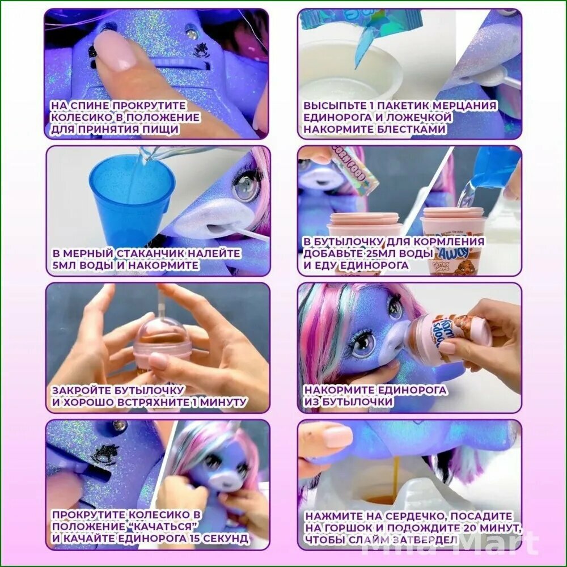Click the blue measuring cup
click(132, 202)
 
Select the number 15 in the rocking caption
click(194, 538)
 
